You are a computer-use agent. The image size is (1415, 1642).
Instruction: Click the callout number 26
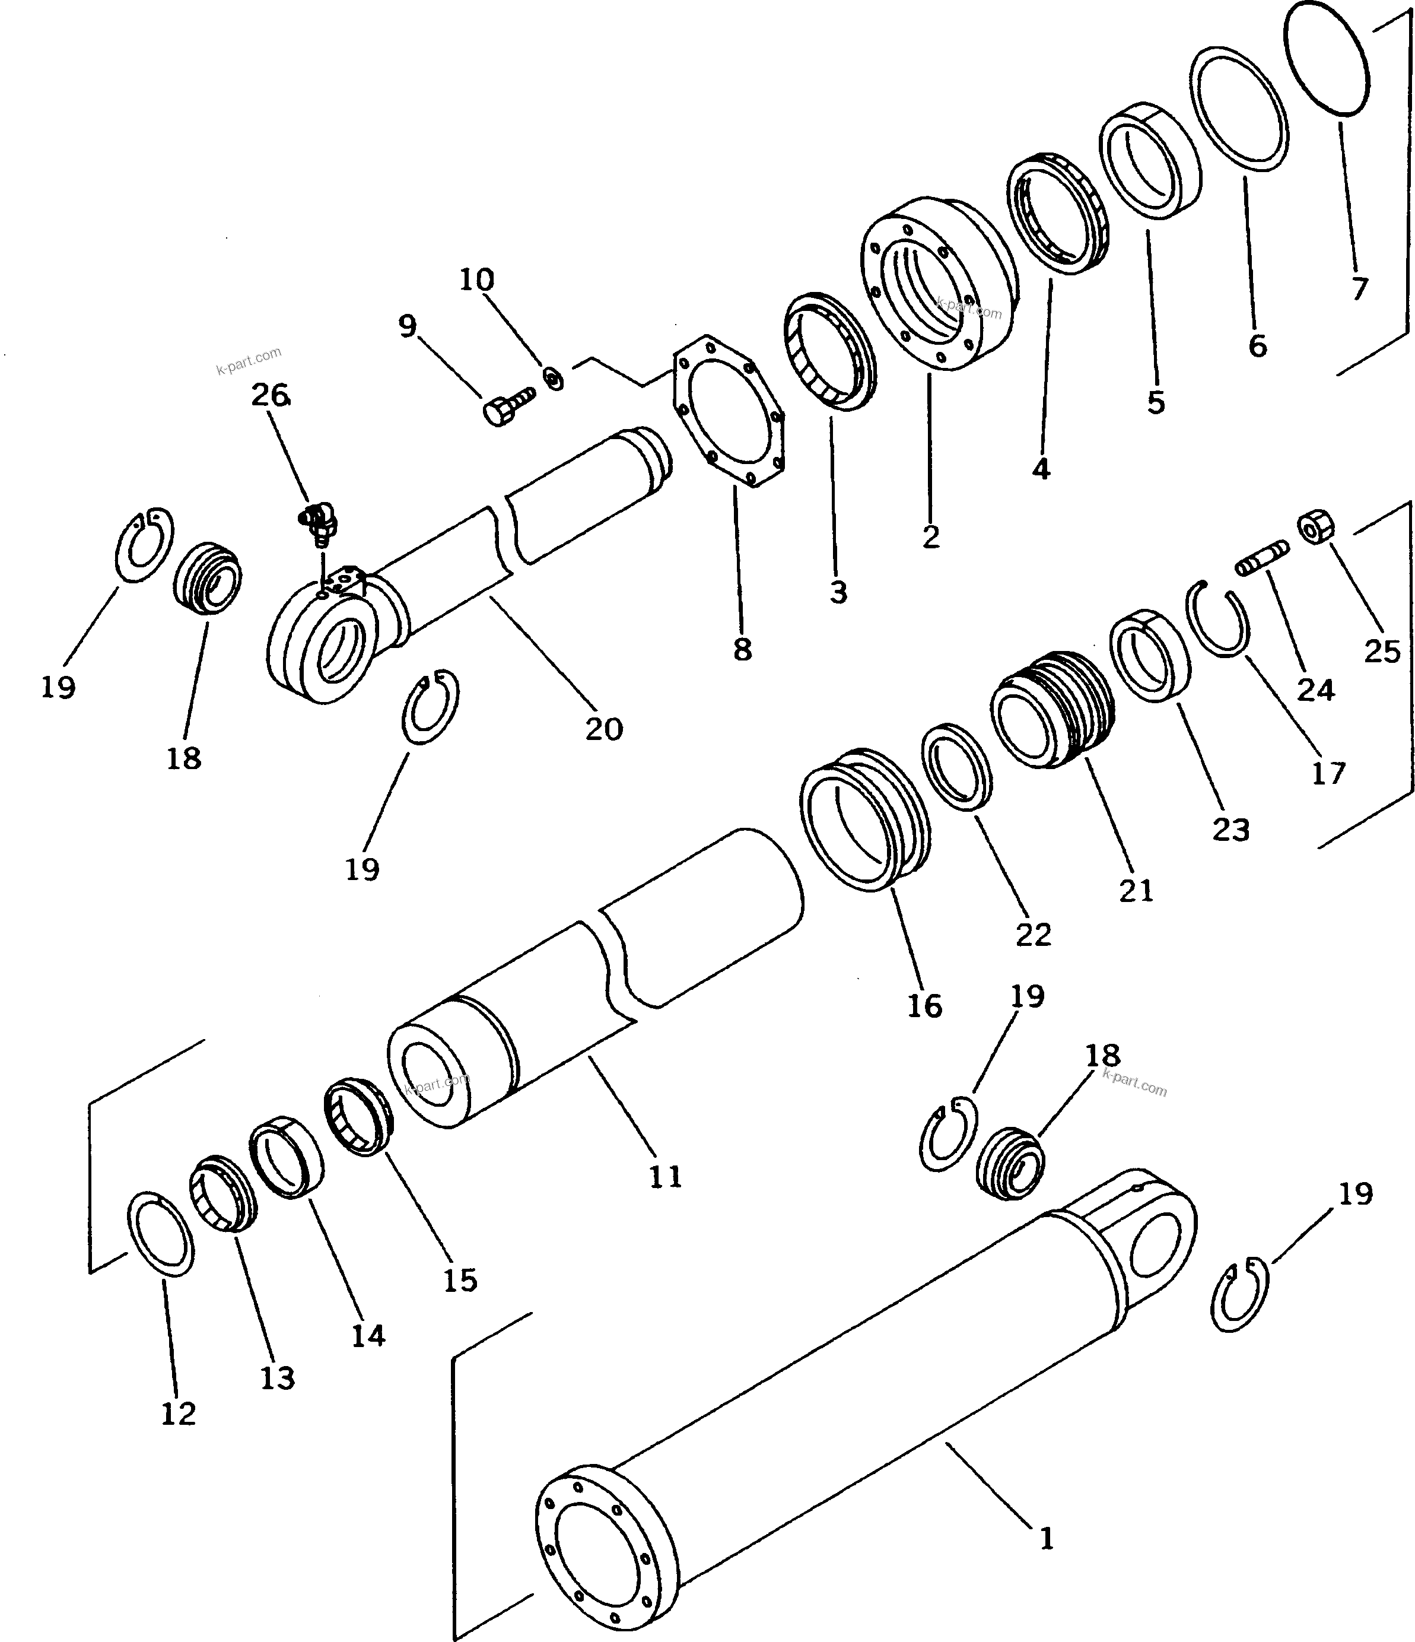click(x=270, y=395)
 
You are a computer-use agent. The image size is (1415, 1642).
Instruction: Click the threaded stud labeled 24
click(x=1262, y=560)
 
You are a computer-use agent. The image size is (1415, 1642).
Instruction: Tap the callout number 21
click(x=1136, y=891)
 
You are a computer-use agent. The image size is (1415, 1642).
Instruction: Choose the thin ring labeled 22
click(x=959, y=767)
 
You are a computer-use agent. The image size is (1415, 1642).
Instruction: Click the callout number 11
click(x=666, y=1177)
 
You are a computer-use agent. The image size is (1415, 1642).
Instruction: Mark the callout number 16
click(x=924, y=1006)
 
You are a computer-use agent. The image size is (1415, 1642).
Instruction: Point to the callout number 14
click(x=368, y=1336)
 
